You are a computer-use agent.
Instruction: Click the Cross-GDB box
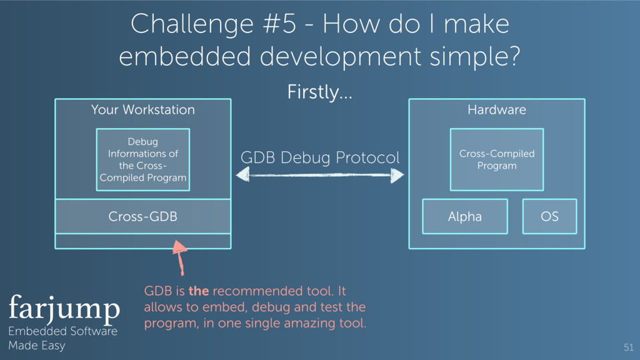tap(142, 217)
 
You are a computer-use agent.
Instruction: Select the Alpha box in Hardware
tap(464, 217)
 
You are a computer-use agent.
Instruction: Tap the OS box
tap(549, 217)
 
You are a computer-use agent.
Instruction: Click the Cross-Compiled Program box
tap(497, 159)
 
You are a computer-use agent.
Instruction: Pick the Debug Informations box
tap(142, 159)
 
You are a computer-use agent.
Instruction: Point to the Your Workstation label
tap(142, 110)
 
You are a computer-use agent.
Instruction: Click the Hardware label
tap(497, 110)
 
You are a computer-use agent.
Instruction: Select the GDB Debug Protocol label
tap(319, 158)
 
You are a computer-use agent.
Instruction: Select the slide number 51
tap(628, 347)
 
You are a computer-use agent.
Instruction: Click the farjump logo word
tap(64, 308)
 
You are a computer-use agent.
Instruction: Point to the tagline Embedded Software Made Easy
tap(62, 338)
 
